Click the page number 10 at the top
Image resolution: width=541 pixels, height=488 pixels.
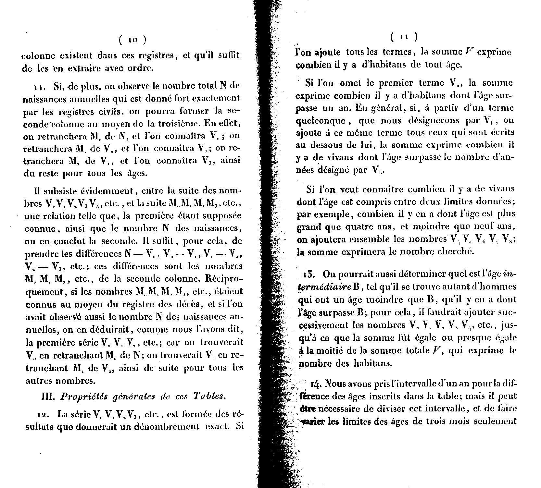point(132,40)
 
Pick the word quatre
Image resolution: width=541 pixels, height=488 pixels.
point(362,227)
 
